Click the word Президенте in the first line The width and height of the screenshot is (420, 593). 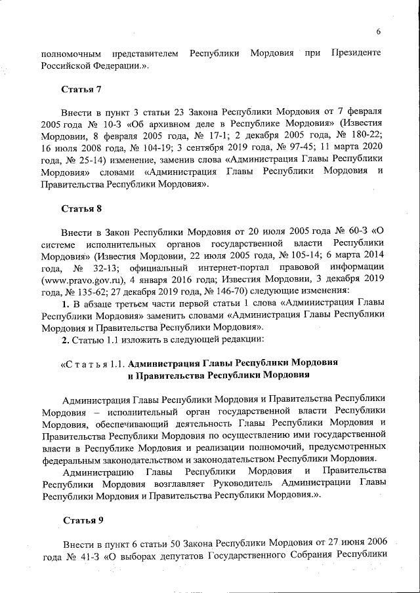click(356, 52)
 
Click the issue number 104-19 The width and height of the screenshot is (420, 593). click(147, 149)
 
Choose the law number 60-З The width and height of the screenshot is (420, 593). click(355, 233)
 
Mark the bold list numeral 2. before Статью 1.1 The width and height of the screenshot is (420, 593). click(65, 341)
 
